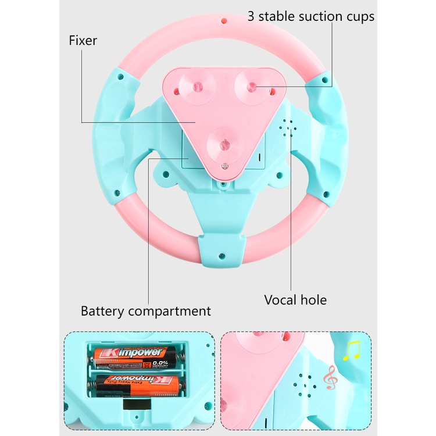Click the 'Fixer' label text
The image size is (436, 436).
(x=83, y=41)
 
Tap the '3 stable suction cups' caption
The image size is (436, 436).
(x=311, y=16)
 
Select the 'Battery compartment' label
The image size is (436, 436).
(x=146, y=311)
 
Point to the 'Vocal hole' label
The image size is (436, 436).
(x=295, y=300)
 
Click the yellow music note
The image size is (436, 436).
(x=352, y=351)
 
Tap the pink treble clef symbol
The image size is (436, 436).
(x=331, y=377)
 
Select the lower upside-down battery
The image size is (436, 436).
(x=136, y=386)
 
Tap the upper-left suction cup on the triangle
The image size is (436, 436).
(x=197, y=87)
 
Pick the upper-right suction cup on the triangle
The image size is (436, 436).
(x=252, y=87)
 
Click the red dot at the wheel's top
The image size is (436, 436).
(x=224, y=20)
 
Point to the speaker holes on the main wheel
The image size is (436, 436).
(x=288, y=128)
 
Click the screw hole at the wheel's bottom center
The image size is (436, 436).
(x=221, y=256)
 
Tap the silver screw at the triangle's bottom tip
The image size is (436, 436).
(x=224, y=167)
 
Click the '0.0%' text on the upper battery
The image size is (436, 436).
(x=160, y=363)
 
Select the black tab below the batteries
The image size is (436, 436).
(x=137, y=405)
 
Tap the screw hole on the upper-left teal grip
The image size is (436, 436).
(x=120, y=77)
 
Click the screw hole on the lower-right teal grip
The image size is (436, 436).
(x=326, y=194)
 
